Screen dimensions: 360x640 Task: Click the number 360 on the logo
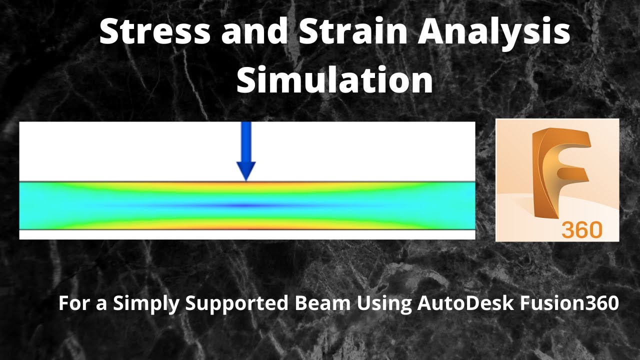pyautogui.click(x=581, y=229)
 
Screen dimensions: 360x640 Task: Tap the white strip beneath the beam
pyautogui.click(x=247, y=234)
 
